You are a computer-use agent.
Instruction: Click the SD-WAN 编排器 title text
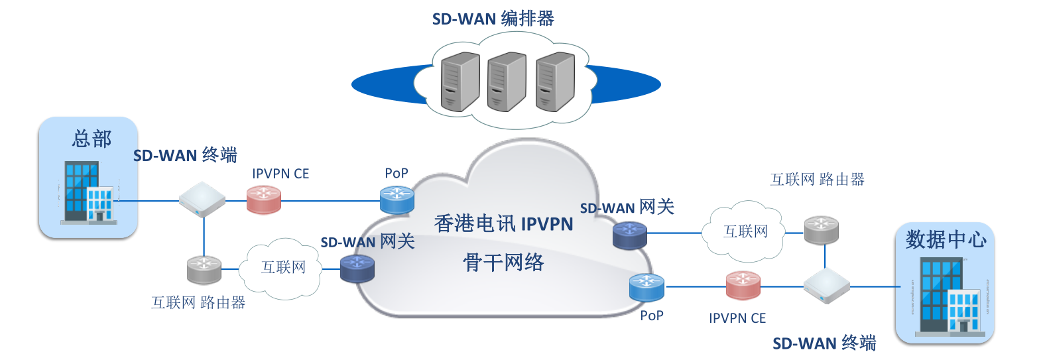(493, 19)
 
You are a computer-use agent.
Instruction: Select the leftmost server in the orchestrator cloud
(459, 83)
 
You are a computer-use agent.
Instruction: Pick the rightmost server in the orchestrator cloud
(555, 83)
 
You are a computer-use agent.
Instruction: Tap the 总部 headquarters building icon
(88, 192)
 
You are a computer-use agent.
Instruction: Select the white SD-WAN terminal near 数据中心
(826, 286)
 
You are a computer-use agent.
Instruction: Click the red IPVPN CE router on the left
(264, 200)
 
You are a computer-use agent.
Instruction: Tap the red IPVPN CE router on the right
(743, 286)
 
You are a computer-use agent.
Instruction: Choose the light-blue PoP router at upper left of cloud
(397, 200)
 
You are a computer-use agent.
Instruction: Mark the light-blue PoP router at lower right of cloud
(646, 288)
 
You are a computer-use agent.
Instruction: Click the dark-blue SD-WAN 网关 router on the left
(357, 269)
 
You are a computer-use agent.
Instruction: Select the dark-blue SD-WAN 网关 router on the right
(629, 235)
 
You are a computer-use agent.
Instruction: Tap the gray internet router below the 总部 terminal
(204, 269)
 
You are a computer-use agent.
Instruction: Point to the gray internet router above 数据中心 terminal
(821, 230)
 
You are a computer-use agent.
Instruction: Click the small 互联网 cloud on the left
(283, 268)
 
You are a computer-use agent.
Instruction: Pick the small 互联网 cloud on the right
(745, 231)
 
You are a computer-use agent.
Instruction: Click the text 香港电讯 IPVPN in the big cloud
(503, 224)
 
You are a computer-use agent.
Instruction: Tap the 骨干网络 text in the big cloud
(503, 263)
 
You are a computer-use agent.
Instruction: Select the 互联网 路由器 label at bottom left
(198, 303)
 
